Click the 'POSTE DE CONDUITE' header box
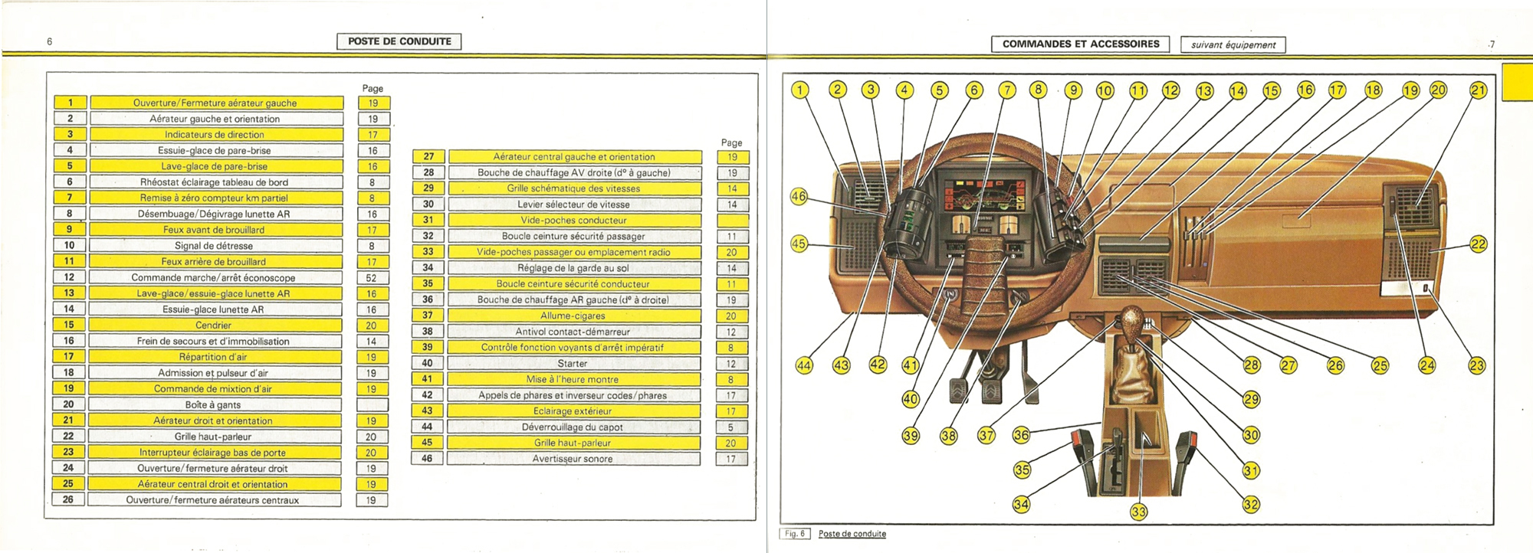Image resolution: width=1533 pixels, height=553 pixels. pyautogui.click(x=399, y=41)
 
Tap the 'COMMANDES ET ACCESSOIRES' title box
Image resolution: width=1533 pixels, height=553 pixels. pyautogui.click(x=1081, y=44)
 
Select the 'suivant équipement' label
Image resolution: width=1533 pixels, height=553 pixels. pyautogui.click(x=1233, y=45)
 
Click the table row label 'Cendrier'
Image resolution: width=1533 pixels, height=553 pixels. pyautogui.click(x=214, y=326)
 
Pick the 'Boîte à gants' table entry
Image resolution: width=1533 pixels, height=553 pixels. pyautogui.click(x=213, y=404)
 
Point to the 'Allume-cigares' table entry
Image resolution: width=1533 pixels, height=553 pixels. pyautogui.click(x=573, y=316)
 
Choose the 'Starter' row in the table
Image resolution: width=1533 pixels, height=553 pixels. pyautogui.click(x=573, y=363)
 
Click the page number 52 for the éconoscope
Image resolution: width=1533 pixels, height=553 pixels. pyautogui.click(x=372, y=278)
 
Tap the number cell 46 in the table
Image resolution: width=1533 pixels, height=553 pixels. pyautogui.click(x=427, y=459)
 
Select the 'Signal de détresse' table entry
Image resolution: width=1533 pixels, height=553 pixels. pyautogui.click(x=214, y=246)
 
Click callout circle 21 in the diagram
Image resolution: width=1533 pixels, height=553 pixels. pyautogui.click(x=1478, y=90)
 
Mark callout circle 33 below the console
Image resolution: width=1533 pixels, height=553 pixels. pyautogui.click(x=1139, y=512)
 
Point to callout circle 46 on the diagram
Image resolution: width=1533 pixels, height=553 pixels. pyautogui.click(x=799, y=197)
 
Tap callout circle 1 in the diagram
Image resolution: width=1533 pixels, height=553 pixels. pyautogui.click(x=800, y=90)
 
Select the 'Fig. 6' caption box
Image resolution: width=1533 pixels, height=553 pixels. pyautogui.click(x=796, y=534)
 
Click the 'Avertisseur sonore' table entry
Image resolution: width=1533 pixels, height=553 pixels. pyautogui.click(x=573, y=459)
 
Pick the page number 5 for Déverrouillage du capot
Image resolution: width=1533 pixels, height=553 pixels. pyautogui.click(x=730, y=427)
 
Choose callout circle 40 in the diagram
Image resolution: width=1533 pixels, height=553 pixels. pyautogui.click(x=911, y=399)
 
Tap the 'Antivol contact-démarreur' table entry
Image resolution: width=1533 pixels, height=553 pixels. pyautogui.click(x=573, y=332)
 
